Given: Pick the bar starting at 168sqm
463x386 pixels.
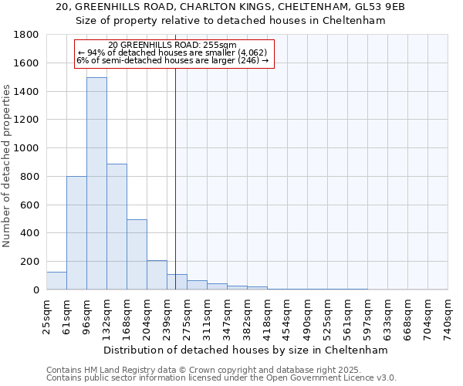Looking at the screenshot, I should click(x=137, y=255).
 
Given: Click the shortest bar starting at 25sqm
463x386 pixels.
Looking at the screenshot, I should click(x=56, y=281).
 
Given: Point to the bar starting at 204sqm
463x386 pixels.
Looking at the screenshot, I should click(x=157, y=275).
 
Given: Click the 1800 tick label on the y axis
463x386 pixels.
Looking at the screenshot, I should click(x=25, y=35).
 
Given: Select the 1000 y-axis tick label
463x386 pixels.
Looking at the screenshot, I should click(x=25, y=148).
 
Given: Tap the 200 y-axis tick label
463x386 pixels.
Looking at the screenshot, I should click(x=29, y=262).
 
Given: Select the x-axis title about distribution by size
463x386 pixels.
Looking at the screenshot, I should click(x=247, y=350).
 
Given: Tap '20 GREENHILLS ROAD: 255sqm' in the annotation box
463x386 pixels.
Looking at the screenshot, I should click(x=173, y=45).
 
